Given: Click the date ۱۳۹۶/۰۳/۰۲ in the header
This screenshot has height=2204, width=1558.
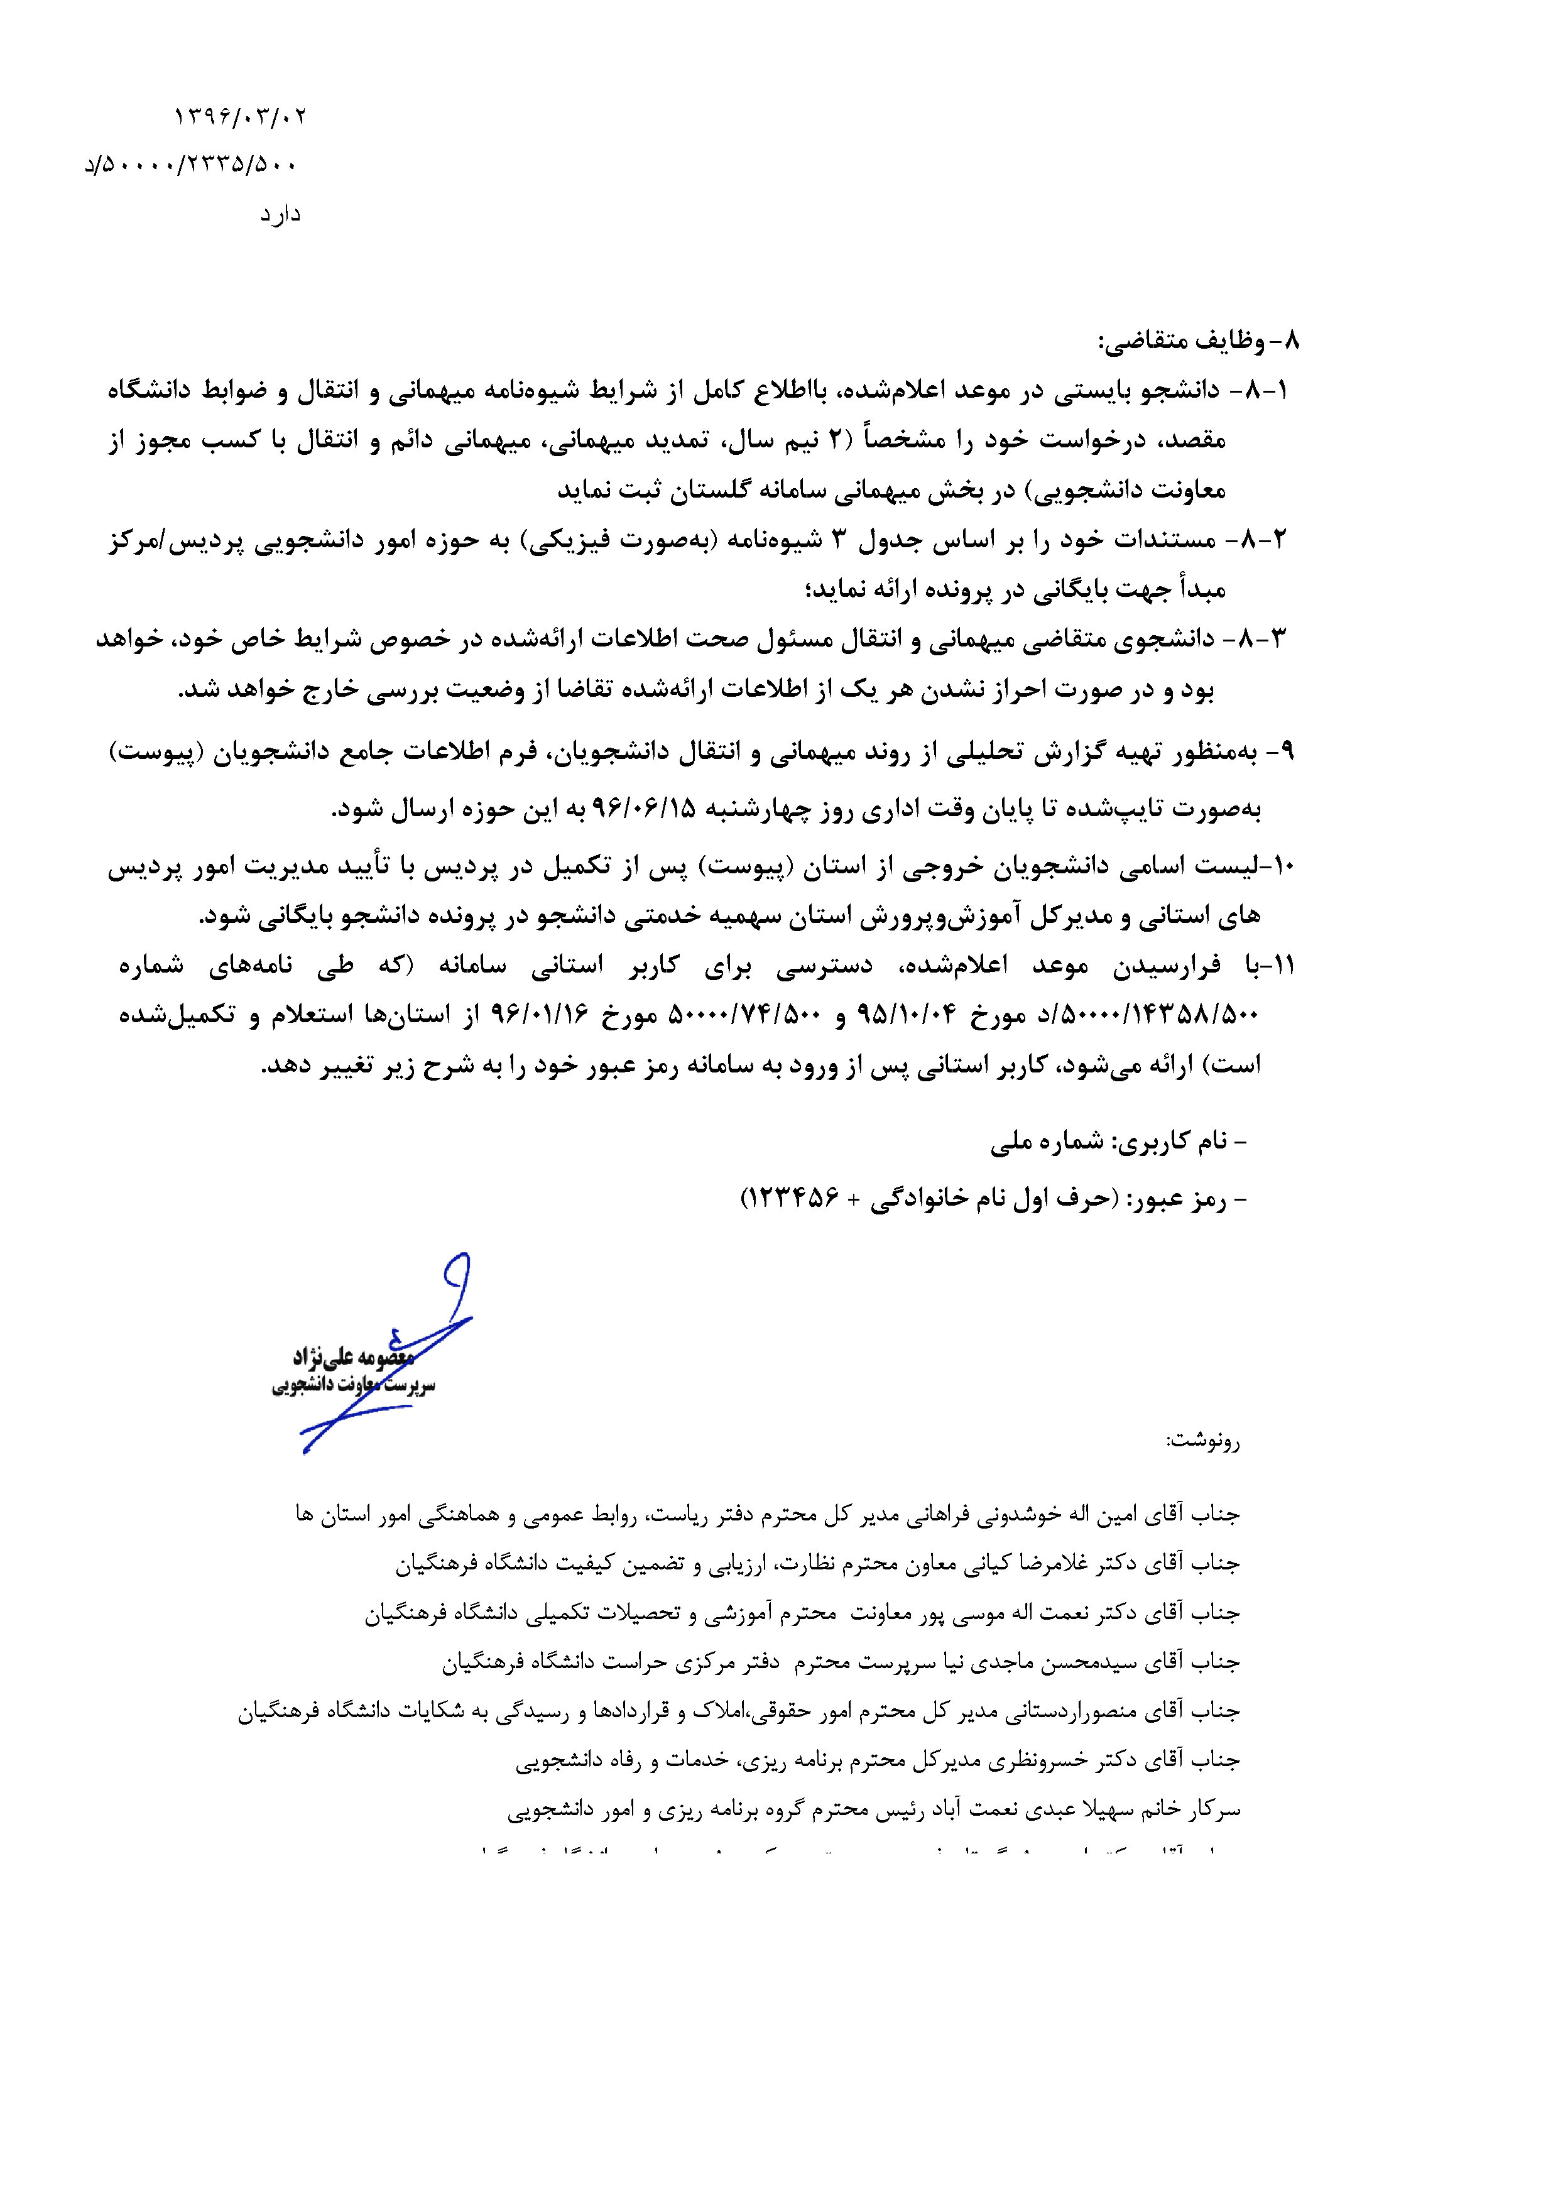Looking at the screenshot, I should click(x=240, y=117).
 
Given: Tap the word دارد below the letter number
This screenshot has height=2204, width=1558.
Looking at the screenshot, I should click(x=280, y=214).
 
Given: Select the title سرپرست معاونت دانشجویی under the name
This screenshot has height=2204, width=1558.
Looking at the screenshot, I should click(x=353, y=1386).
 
